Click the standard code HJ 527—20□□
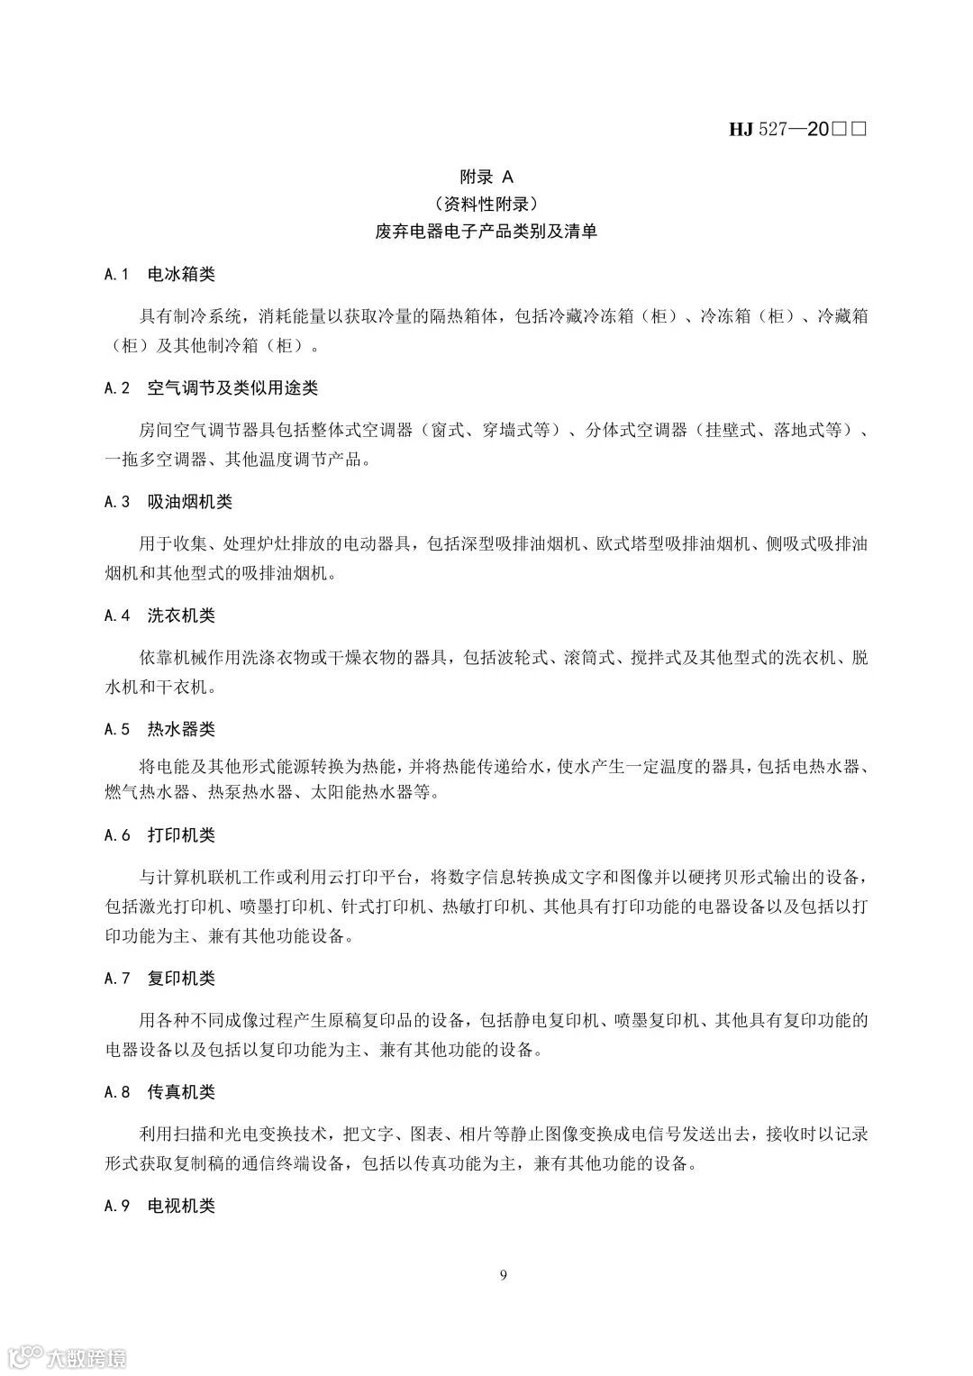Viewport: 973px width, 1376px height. click(x=797, y=130)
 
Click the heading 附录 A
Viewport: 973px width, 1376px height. click(x=486, y=177)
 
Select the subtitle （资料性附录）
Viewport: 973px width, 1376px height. click(x=486, y=204)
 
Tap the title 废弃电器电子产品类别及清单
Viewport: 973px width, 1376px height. click(x=486, y=232)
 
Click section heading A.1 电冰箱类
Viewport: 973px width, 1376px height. click(x=159, y=274)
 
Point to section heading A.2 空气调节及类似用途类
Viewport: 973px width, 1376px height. click(x=211, y=388)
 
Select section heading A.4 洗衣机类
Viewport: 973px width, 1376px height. click(x=159, y=615)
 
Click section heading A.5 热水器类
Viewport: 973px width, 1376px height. click(x=159, y=729)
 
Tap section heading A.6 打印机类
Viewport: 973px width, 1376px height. click(x=159, y=835)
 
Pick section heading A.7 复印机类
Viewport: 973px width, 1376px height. click(x=159, y=979)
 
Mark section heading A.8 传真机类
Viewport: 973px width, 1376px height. click(x=159, y=1092)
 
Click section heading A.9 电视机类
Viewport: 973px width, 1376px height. click(x=159, y=1206)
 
